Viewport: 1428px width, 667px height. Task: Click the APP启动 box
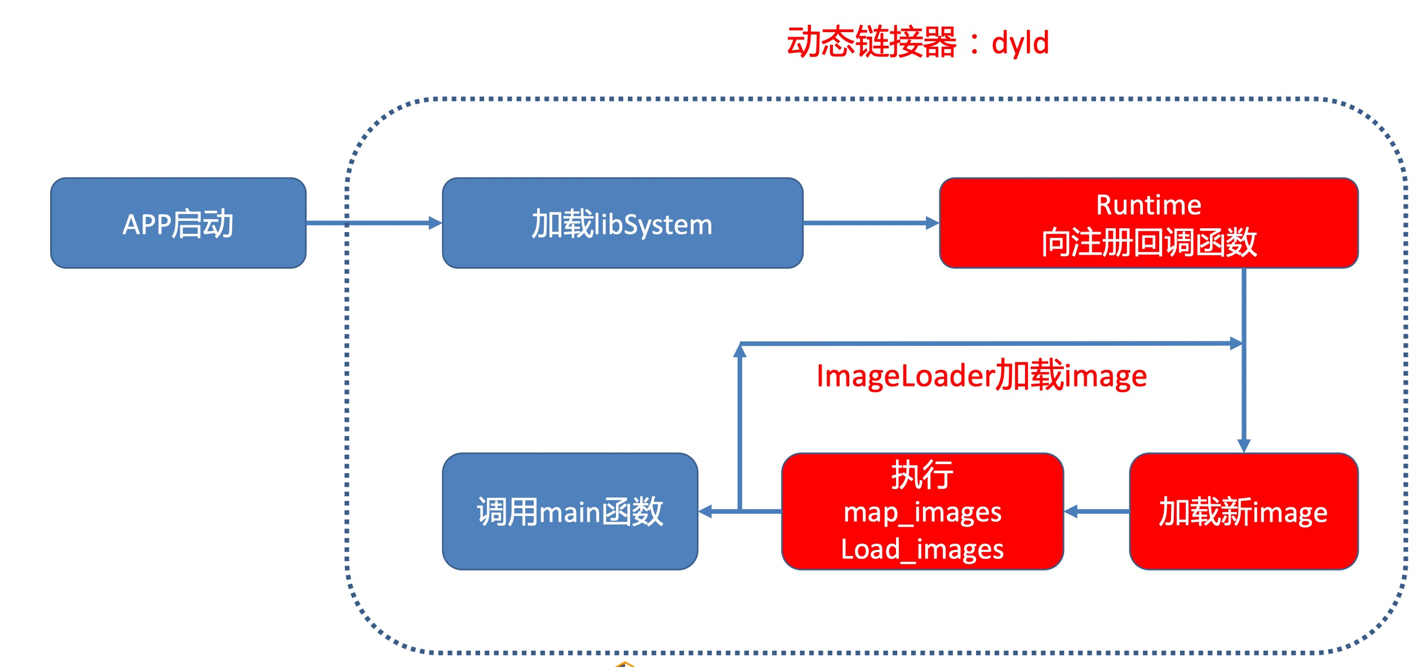point(178,223)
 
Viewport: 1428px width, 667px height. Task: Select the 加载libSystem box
point(623,223)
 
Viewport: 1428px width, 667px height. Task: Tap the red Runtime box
point(1149,223)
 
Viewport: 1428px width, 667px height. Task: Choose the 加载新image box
point(1244,512)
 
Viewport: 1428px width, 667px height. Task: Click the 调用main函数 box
point(570,512)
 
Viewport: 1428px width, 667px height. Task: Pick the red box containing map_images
point(923,512)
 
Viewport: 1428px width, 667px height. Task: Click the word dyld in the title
point(1020,43)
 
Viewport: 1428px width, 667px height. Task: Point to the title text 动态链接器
point(872,42)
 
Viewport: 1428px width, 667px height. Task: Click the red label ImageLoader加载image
point(982,375)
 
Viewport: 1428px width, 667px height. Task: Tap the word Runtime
point(1148,204)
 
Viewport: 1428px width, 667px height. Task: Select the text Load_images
point(922,549)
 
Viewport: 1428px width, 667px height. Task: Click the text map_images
point(923,513)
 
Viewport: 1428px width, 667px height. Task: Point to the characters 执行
point(923,475)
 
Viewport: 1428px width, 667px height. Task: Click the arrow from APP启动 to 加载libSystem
point(374,223)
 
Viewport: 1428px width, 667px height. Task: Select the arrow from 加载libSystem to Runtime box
point(871,223)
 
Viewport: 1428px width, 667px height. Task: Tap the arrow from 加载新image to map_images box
point(1097,512)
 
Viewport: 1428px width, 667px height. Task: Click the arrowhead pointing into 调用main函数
point(705,512)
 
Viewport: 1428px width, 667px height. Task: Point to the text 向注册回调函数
point(1149,242)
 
